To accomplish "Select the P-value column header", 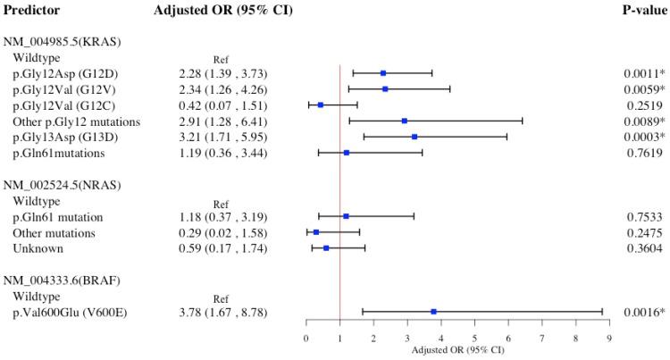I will click(642, 10).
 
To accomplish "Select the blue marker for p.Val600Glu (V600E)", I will click(433, 312).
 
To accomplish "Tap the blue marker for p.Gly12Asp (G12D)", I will click(383, 72).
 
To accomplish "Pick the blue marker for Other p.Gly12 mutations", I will click(404, 121).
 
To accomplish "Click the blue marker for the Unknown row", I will click(326, 248).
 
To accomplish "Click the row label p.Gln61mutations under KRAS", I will click(64, 153).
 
